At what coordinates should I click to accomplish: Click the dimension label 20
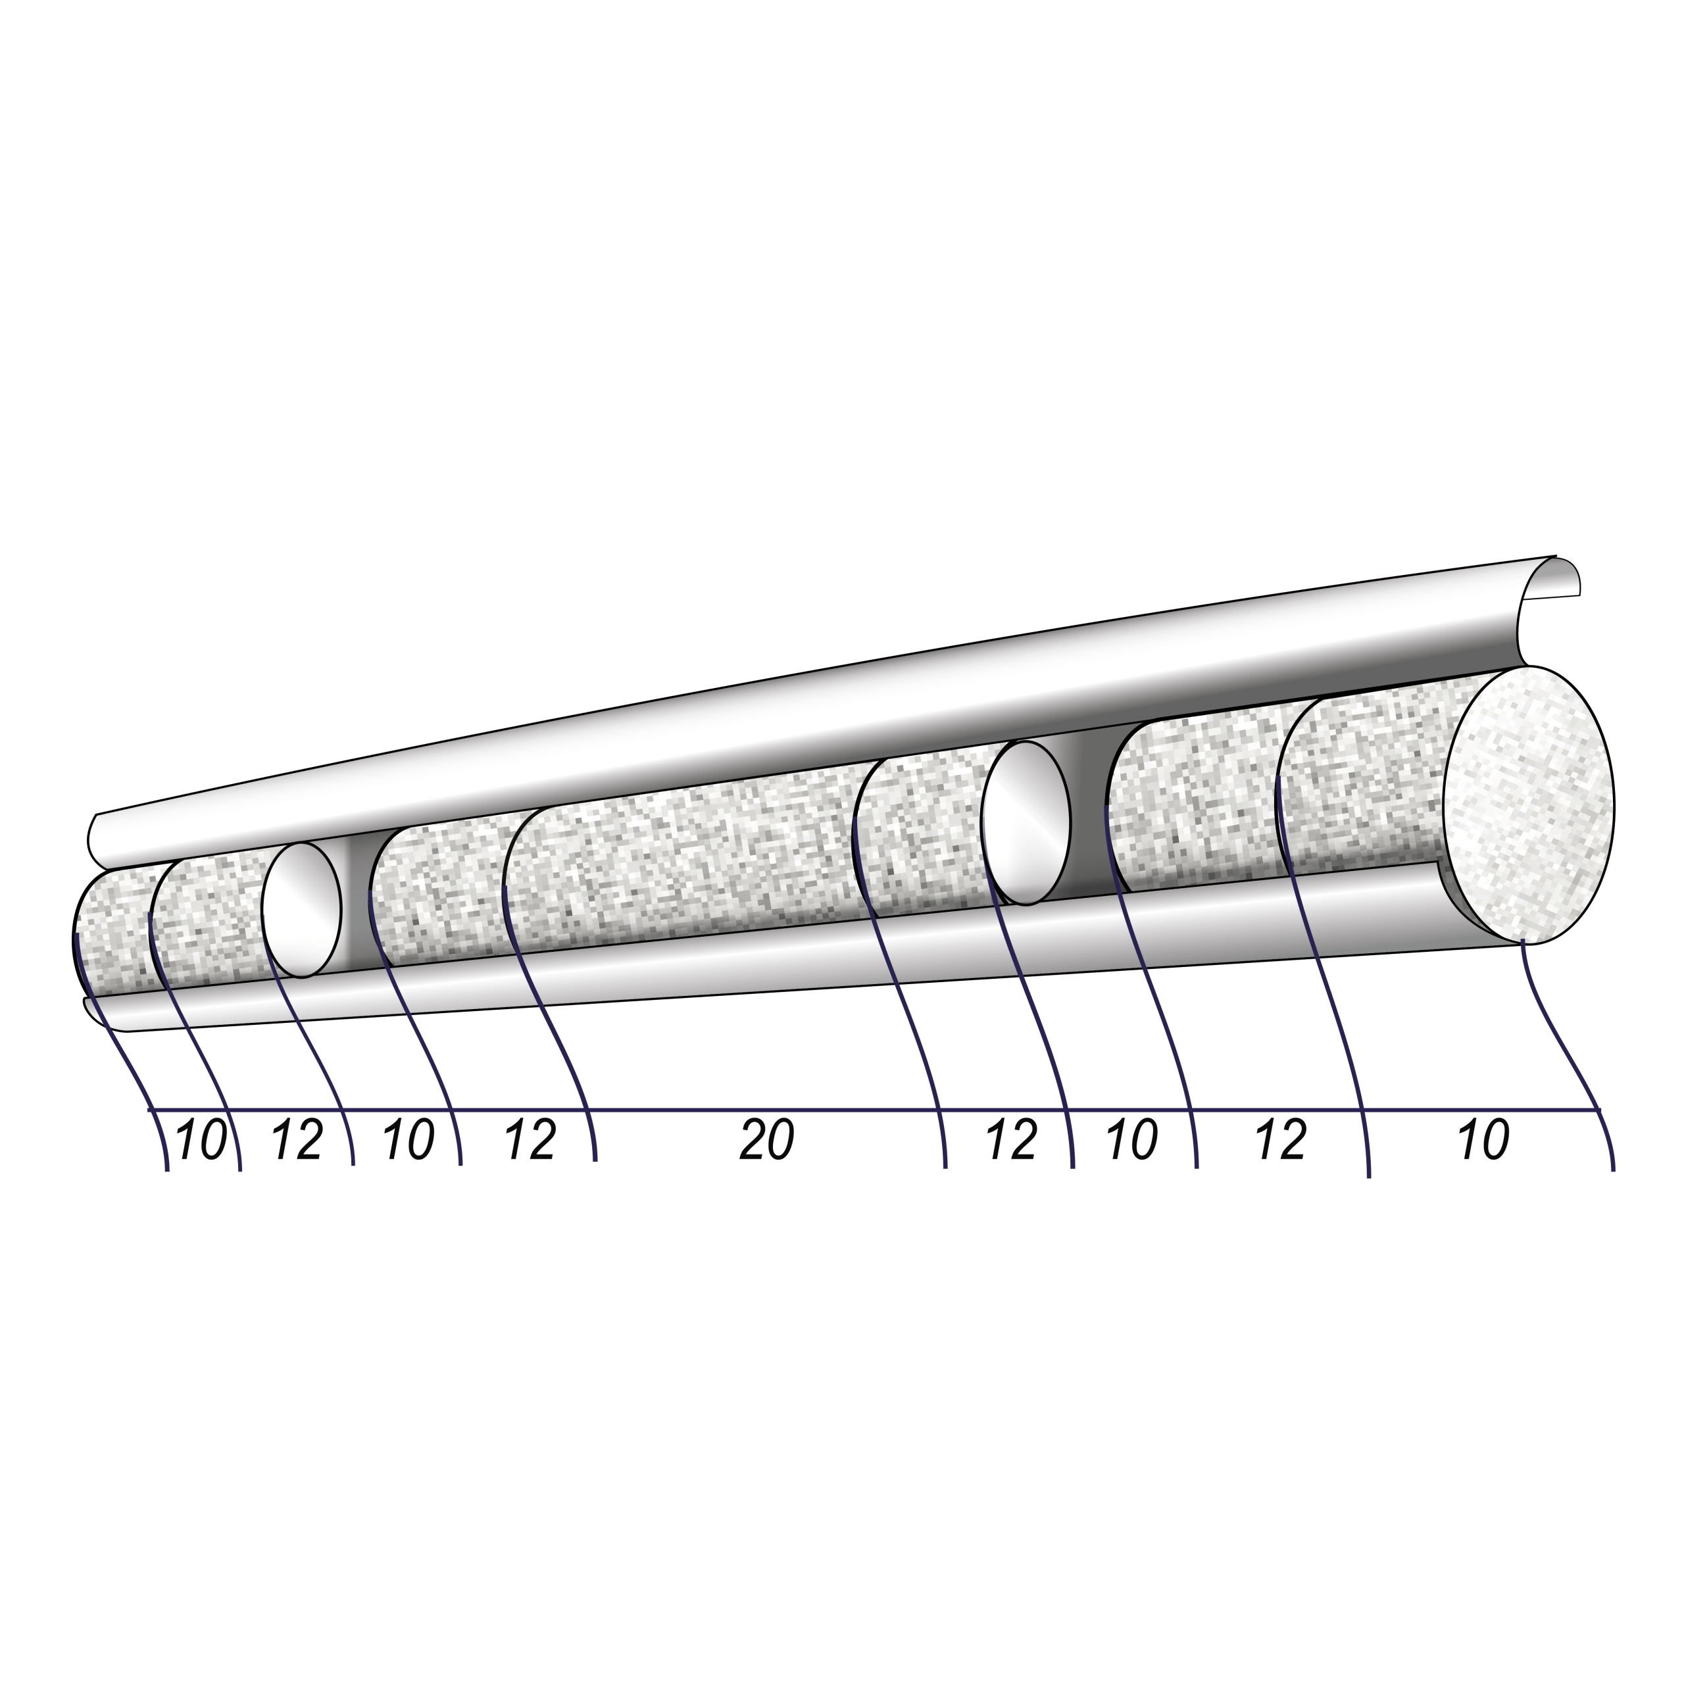coord(767,1140)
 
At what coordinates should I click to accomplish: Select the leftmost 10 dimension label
coord(201,1140)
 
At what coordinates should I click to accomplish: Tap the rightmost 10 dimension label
coord(1483,1140)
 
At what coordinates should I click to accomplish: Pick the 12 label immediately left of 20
coord(531,1140)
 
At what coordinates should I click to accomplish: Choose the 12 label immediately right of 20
coord(1012,1140)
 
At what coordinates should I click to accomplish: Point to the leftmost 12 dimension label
coord(298,1140)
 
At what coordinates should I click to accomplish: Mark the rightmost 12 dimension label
coord(1281,1140)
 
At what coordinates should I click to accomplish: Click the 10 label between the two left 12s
coord(408,1140)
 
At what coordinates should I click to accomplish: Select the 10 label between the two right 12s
coord(1132,1140)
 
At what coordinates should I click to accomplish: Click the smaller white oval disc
coord(301,910)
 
